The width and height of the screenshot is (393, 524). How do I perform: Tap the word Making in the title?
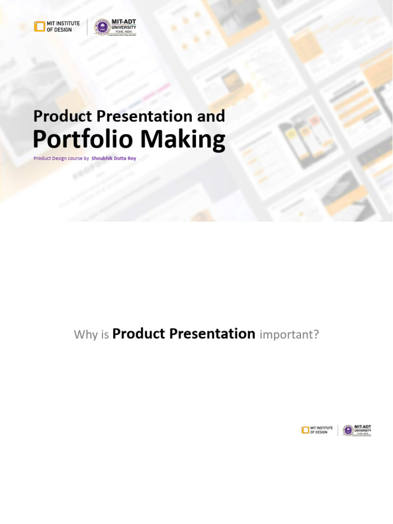pyautogui.click(x=182, y=139)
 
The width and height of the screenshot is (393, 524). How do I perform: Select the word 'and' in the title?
pyautogui.click(x=211, y=116)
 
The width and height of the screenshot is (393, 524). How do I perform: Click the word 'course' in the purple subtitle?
pyautogui.click(x=74, y=159)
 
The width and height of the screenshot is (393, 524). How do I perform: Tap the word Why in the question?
pyautogui.click(x=85, y=335)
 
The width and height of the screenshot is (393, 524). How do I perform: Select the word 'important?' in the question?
pyautogui.click(x=289, y=335)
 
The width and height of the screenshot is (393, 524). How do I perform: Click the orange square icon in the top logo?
pyautogui.click(x=39, y=27)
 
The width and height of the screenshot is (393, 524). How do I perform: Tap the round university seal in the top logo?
pyautogui.click(x=102, y=27)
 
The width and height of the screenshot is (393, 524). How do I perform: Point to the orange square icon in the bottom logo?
pyautogui.click(x=305, y=430)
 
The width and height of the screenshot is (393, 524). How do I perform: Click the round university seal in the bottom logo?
pyautogui.click(x=348, y=430)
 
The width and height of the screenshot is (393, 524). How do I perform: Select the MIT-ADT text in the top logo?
pyautogui.click(x=123, y=22)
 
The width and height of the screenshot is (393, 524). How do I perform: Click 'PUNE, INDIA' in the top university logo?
pyautogui.click(x=123, y=31)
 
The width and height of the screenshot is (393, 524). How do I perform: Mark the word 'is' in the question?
pyautogui.click(x=104, y=335)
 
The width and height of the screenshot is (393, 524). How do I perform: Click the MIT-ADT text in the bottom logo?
pyautogui.click(x=363, y=427)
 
